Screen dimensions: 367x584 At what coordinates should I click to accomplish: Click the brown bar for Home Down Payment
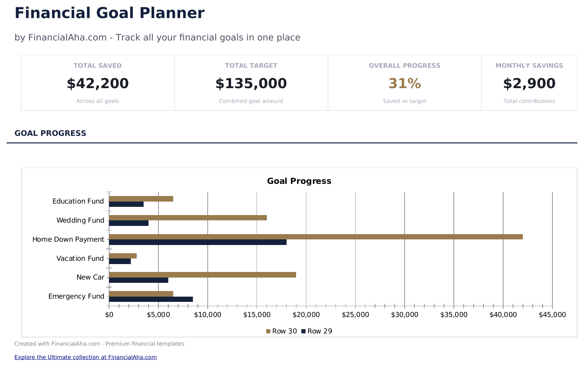pyautogui.click(x=315, y=237)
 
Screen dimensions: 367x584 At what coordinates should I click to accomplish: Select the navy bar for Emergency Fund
pyautogui.click(x=151, y=299)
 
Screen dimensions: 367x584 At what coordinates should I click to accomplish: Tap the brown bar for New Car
pyautogui.click(x=202, y=275)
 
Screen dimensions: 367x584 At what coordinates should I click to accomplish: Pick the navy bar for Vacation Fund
pyautogui.click(x=120, y=261)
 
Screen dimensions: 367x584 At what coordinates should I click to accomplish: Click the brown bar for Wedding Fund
pyautogui.click(x=188, y=218)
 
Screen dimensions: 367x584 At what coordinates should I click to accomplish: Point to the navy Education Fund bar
pyautogui.click(x=126, y=204)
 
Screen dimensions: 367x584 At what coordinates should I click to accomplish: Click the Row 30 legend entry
pyautogui.click(x=282, y=331)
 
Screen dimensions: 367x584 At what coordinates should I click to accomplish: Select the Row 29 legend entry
pyautogui.click(x=317, y=331)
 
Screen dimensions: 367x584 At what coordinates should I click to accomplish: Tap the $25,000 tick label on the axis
pyautogui.click(x=355, y=315)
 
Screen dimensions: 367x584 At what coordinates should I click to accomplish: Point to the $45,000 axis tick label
pyautogui.click(x=552, y=315)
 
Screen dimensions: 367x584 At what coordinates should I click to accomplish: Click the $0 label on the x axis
pyautogui.click(x=109, y=315)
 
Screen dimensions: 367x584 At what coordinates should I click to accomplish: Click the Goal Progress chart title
pyautogui.click(x=299, y=181)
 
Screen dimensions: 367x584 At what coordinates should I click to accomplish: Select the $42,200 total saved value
pyautogui.click(x=98, y=84)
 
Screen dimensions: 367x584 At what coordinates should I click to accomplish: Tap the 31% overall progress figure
pyautogui.click(x=405, y=84)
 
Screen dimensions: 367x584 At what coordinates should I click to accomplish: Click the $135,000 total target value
pyautogui.click(x=251, y=84)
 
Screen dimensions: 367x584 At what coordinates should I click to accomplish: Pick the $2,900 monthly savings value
pyautogui.click(x=529, y=84)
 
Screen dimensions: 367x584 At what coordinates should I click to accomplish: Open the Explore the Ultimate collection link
pyautogui.click(x=85, y=357)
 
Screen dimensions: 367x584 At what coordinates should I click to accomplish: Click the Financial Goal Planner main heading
pyautogui.click(x=109, y=13)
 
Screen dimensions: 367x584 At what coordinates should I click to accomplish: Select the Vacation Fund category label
pyautogui.click(x=80, y=258)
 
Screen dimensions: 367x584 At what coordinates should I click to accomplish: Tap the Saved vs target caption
pyautogui.click(x=405, y=101)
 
